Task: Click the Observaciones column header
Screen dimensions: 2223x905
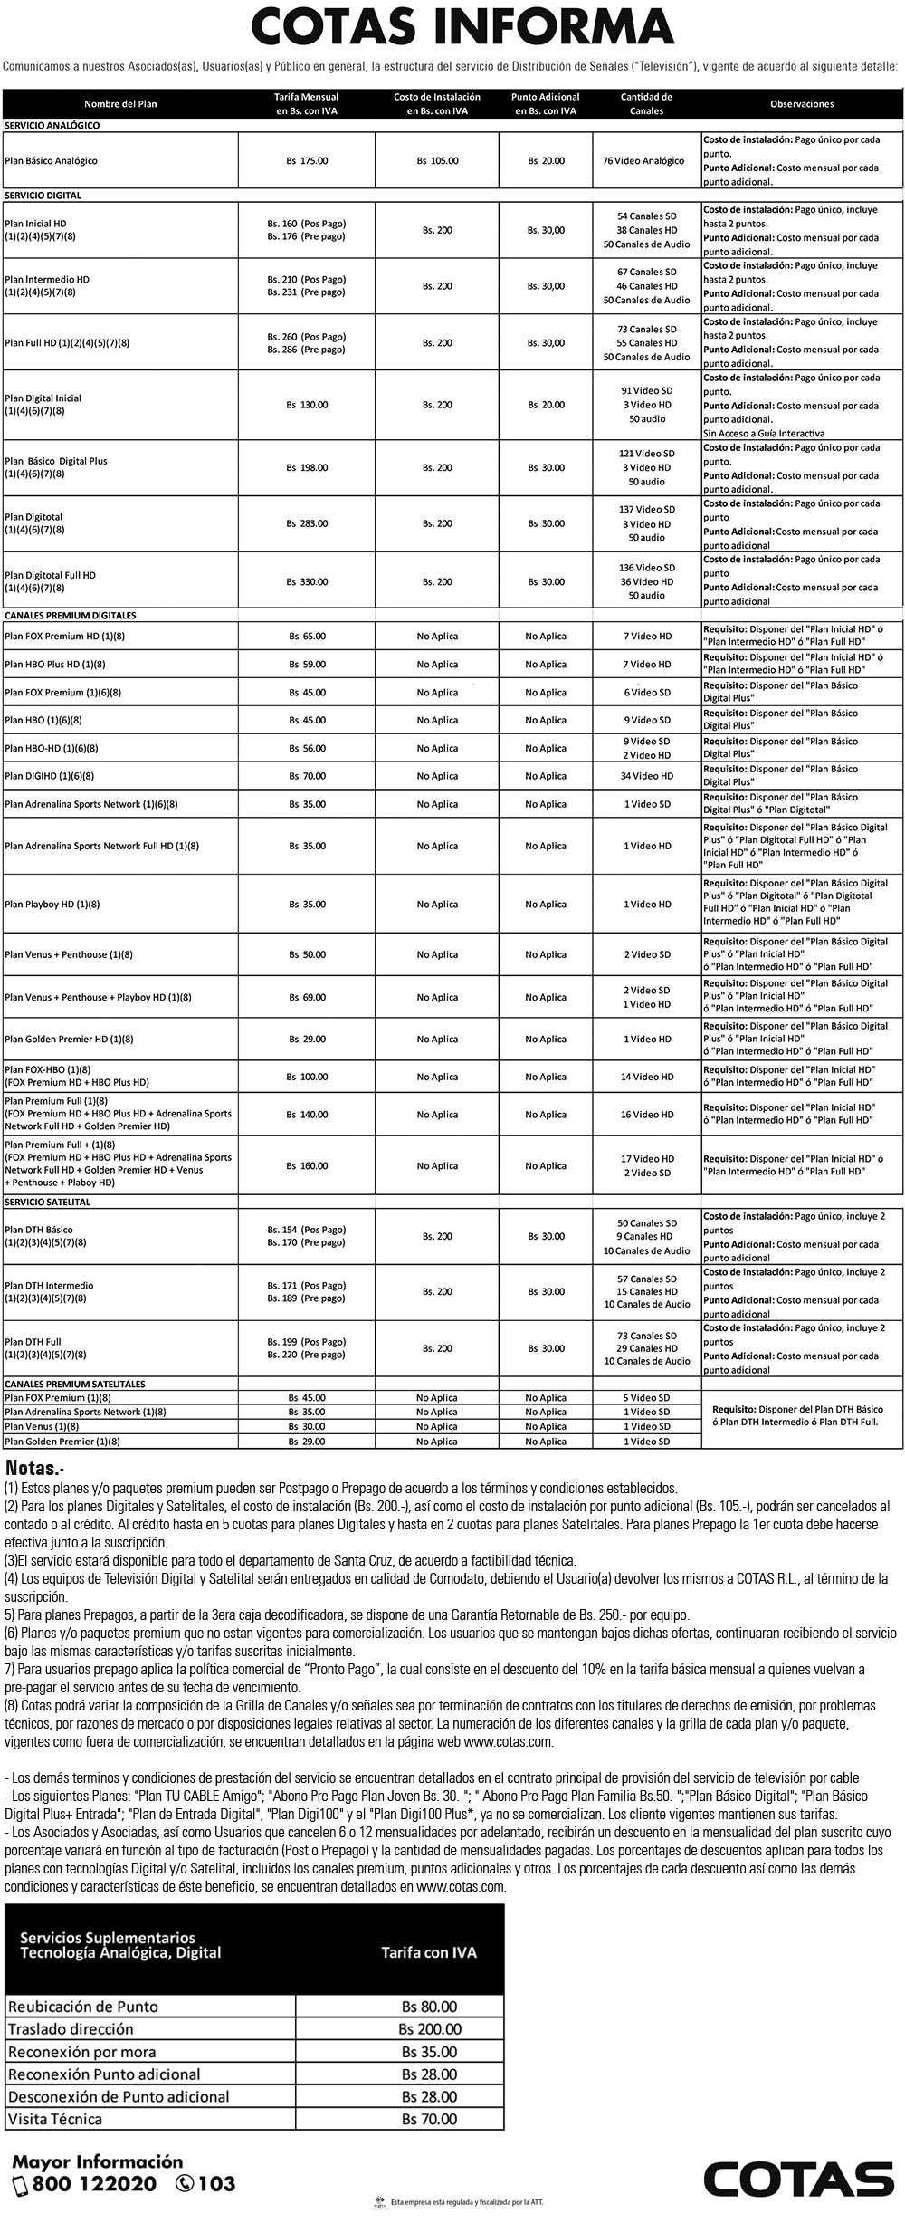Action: point(801,104)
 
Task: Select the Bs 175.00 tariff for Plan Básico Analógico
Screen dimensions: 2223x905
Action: point(307,160)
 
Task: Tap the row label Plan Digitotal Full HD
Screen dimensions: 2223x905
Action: point(50,575)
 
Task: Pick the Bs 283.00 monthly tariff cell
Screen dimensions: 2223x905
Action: point(307,523)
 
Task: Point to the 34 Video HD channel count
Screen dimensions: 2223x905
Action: point(647,776)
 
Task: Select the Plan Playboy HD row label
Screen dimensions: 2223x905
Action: point(52,904)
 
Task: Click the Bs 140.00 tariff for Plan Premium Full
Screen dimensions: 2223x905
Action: point(307,1115)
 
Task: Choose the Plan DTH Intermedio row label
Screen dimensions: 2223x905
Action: point(49,1285)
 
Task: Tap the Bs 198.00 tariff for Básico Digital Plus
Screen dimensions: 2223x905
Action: point(307,467)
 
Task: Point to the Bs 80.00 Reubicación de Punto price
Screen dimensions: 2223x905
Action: point(430,2007)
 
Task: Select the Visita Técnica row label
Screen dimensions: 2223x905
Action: point(55,2119)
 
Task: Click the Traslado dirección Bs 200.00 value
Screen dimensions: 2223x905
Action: point(430,2029)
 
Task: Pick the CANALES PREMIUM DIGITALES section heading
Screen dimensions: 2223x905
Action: point(71,615)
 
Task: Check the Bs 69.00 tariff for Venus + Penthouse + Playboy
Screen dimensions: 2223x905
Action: point(307,997)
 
